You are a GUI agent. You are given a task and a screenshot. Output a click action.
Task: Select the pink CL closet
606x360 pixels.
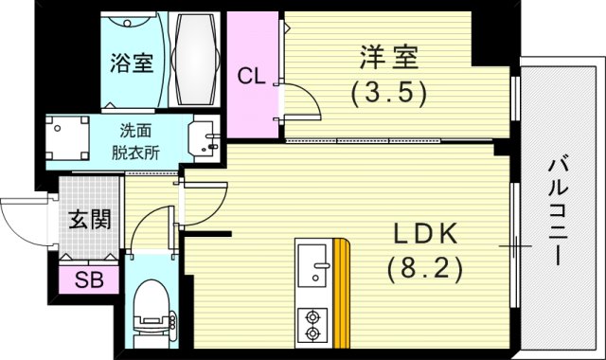250,75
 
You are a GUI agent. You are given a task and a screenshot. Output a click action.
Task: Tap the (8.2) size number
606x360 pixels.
424,270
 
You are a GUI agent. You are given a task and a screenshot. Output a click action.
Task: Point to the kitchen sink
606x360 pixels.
312,266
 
